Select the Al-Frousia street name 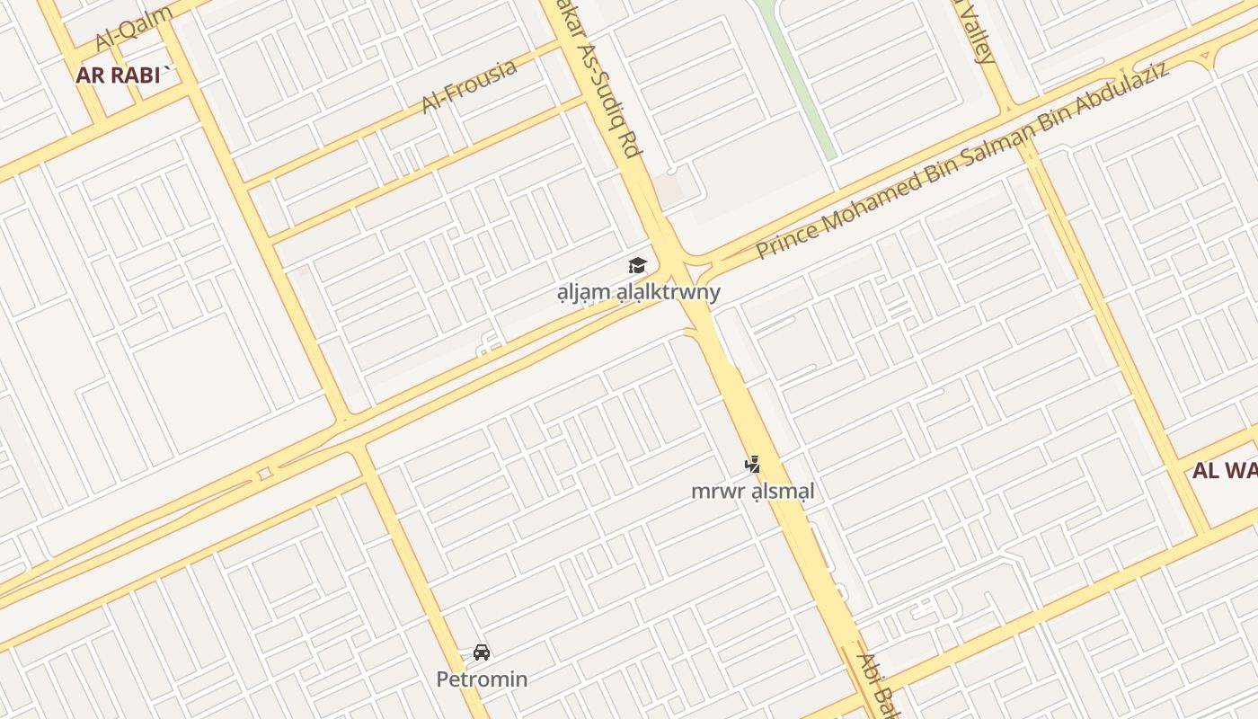[468, 86]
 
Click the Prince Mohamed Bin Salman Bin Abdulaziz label [962, 161]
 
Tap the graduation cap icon [637, 266]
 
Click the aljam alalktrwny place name [638, 292]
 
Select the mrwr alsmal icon [752, 465]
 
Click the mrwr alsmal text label [752, 492]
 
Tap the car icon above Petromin [482, 652]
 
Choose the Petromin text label [482, 679]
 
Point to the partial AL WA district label [1224, 471]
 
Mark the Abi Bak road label [876, 687]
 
